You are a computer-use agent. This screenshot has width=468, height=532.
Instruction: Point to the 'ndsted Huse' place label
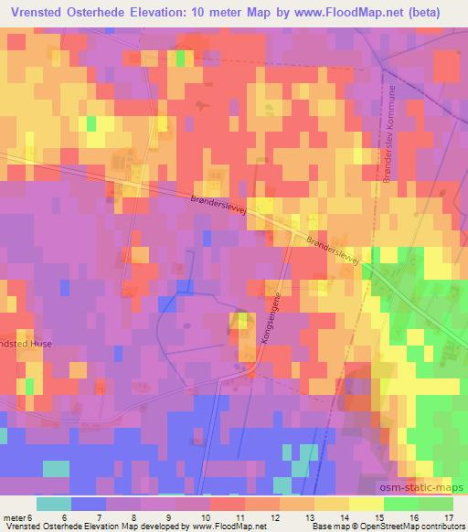pos(27,344)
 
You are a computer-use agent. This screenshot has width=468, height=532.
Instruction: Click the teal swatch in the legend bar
pos(53,504)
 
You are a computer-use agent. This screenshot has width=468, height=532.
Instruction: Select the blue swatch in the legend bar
pos(89,504)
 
